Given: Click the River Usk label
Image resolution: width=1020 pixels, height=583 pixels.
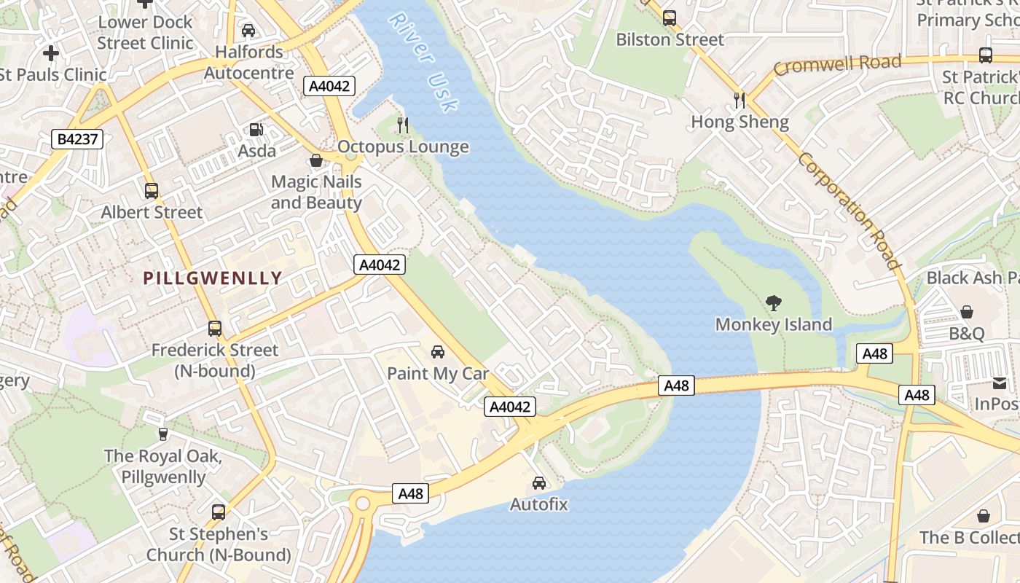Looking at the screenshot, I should [423, 62].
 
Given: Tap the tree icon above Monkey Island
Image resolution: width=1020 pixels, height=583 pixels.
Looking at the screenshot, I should [774, 302].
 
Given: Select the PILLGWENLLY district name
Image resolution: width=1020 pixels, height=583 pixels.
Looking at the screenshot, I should [213, 278].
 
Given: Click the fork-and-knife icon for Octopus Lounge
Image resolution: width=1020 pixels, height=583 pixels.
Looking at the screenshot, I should [403, 125].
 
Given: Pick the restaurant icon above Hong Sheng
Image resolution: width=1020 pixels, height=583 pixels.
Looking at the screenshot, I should [739, 100].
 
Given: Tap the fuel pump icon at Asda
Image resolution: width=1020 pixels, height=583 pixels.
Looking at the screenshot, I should [256, 130].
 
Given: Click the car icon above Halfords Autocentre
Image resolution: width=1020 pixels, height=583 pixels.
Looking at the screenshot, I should [248, 31].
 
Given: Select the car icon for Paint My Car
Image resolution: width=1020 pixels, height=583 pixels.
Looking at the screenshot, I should [438, 352].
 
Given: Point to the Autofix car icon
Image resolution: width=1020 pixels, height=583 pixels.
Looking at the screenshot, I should [539, 482].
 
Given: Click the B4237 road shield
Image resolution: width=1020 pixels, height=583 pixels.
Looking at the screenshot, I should [77, 139].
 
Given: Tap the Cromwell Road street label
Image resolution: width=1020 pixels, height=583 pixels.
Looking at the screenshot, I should [837, 65].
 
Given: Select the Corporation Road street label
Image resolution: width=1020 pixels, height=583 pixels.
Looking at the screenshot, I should [850, 211].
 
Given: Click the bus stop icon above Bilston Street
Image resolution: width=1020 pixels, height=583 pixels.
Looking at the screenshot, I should [669, 18].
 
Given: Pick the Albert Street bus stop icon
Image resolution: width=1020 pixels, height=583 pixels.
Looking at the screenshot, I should [152, 191].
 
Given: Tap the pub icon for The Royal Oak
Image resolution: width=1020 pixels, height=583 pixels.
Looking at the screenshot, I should [163, 434].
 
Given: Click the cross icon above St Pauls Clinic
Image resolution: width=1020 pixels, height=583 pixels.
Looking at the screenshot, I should [51, 53].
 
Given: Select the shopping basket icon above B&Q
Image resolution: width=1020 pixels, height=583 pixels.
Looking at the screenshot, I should [967, 312].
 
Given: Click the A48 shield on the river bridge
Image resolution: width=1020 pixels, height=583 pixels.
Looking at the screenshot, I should [676, 386].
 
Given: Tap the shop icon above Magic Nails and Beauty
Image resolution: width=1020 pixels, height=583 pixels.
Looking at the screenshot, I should [316, 160].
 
